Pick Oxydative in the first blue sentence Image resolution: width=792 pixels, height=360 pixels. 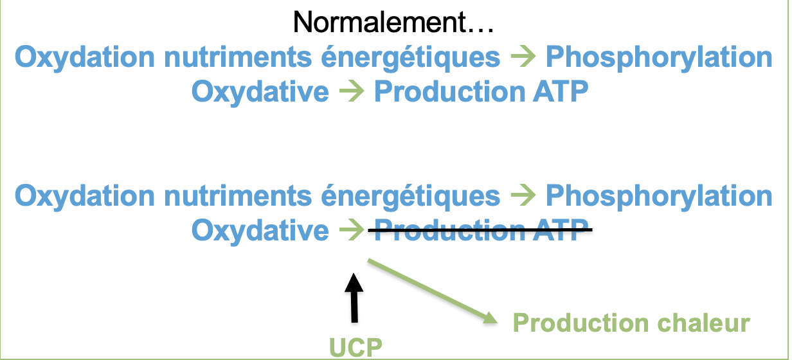(x=260, y=93)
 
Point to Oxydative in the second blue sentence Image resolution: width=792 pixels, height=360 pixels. (x=260, y=231)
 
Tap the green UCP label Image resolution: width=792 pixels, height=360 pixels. (x=356, y=348)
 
